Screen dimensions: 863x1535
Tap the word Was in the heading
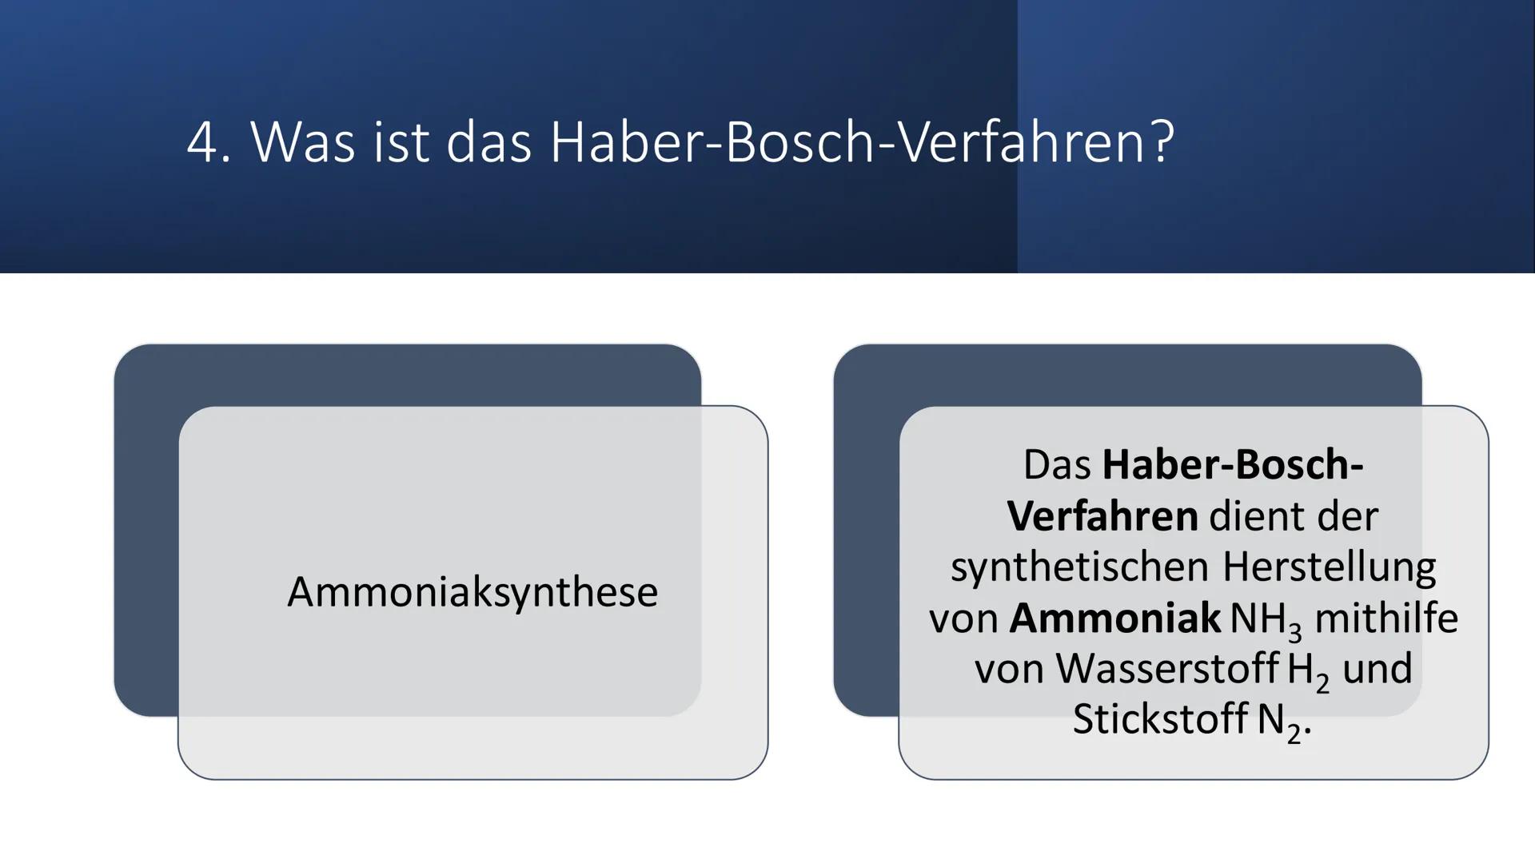pos(303,143)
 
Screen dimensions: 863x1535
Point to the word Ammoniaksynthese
pos(472,592)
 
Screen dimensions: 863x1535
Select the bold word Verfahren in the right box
pos(1102,516)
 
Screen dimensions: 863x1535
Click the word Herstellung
pos(1329,567)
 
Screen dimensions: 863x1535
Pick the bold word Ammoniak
pos(1114,618)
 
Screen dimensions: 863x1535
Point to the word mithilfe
pos(1386,618)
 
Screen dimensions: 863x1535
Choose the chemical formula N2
pos(1279,722)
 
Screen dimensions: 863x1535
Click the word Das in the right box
pos(1057,465)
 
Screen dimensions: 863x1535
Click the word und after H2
pos(1377,669)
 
